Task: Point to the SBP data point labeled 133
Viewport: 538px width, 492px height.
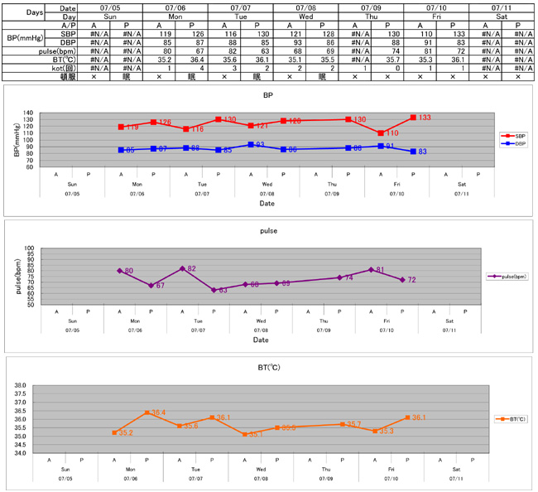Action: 413,118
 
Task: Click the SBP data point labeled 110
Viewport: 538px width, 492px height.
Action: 381,133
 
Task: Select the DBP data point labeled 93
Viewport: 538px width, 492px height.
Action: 251,144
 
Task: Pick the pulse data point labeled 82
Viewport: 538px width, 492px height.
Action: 182,268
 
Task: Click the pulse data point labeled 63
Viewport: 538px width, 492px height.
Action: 214,290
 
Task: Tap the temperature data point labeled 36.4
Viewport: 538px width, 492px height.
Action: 147,412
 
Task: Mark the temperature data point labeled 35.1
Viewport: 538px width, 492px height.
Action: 245,434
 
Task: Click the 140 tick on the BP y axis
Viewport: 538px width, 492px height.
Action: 51,113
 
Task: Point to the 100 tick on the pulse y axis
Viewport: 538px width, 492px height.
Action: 51,248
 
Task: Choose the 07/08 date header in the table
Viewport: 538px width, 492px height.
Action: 305,7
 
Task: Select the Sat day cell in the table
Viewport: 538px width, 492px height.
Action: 501,17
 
